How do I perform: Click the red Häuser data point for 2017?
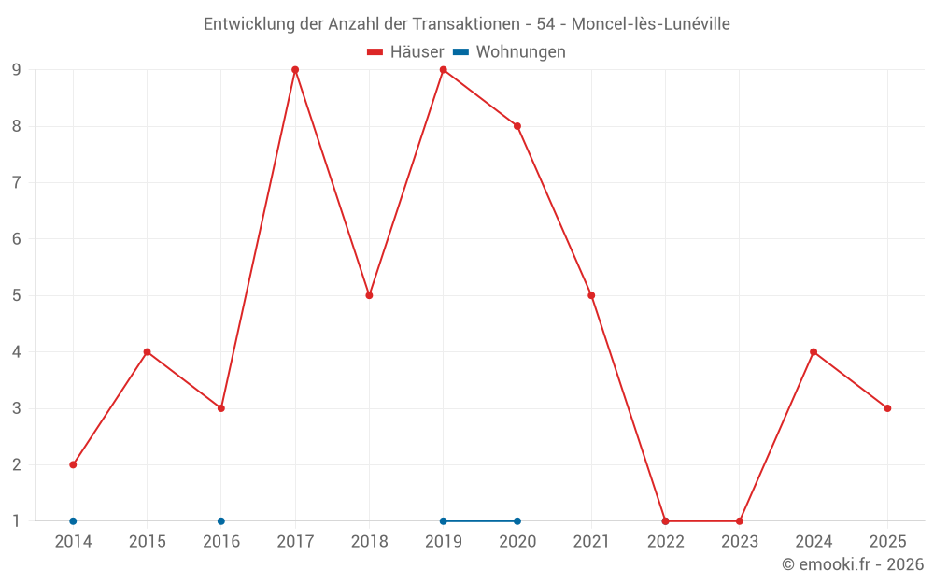tap(295, 70)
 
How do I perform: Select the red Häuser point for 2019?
tap(444, 70)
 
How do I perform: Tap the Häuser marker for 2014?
tap(73, 464)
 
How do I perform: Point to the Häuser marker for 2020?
tap(517, 126)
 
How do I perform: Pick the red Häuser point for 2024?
tap(814, 352)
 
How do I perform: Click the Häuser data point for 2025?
tap(887, 408)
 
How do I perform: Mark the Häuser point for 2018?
tap(369, 295)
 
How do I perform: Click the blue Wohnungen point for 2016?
tap(221, 521)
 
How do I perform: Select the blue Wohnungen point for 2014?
tap(73, 521)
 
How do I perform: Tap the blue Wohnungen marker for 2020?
tap(517, 521)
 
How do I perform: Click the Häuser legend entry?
tap(405, 52)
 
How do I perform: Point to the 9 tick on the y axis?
tap(16, 70)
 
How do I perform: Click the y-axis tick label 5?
tap(16, 295)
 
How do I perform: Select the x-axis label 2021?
tap(591, 541)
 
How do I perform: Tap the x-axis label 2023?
tap(739, 541)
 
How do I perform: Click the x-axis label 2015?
tap(147, 541)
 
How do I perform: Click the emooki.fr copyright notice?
tap(853, 564)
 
